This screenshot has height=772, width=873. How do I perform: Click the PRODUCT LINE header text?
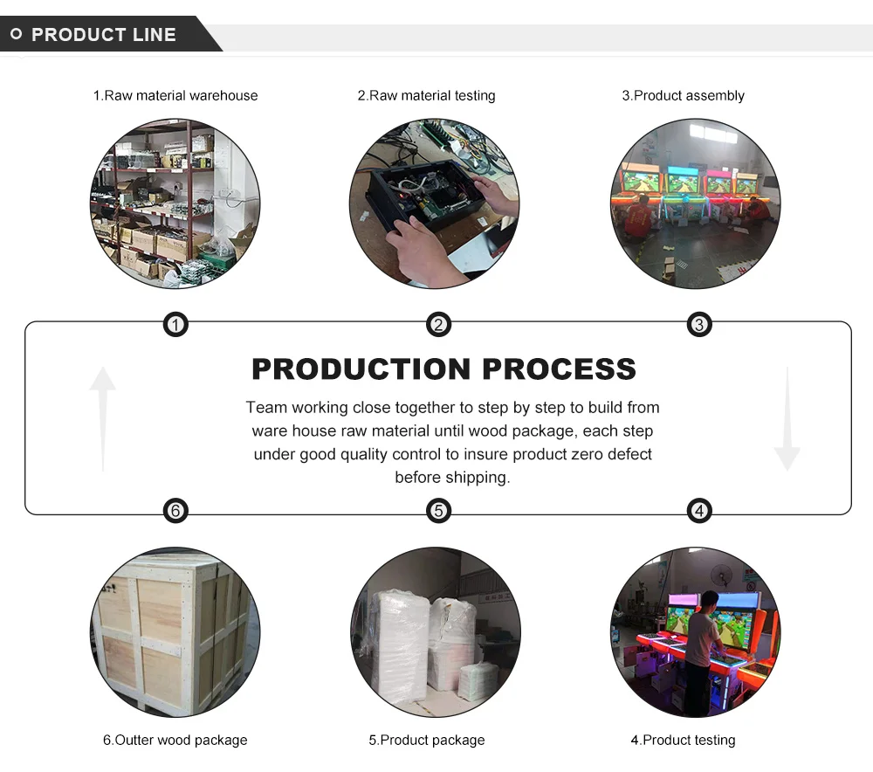pyautogui.click(x=103, y=35)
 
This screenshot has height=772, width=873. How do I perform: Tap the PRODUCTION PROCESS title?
pyautogui.click(x=443, y=369)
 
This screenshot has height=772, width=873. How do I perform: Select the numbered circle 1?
pyautogui.click(x=175, y=326)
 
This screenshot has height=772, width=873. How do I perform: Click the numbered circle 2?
pyautogui.click(x=438, y=326)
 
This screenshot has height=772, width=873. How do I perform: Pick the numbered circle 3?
pyautogui.click(x=699, y=326)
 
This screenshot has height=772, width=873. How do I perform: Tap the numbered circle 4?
pyautogui.click(x=699, y=511)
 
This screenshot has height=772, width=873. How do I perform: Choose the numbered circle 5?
pyautogui.click(x=438, y=511)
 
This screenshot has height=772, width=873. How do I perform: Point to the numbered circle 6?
pyautogui.click(x=175, y=511)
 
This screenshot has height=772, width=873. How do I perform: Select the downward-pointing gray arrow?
pyautogui.click(x=787, y=419)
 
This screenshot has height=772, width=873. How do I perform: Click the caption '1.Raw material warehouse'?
pyautogui.click(x=175, y=96)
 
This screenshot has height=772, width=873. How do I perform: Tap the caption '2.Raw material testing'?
pyautogui.click(x=426, y=96)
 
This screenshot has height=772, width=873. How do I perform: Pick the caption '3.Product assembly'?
pyautogui.click(x=683, y=96)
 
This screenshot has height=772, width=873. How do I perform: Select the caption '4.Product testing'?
pyautogui.click(x=683, y=741)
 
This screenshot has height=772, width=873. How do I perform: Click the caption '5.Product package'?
pyautogui.click(x=426, y=741)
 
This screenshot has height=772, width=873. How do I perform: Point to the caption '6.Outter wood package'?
pyautogui.click(x=175, y=741)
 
